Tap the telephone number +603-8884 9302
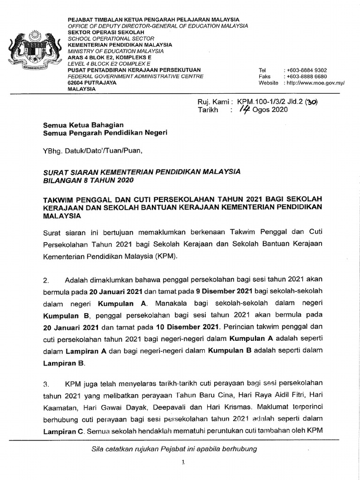305,70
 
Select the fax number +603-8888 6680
305,76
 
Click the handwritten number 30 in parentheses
311,102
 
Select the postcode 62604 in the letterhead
76,82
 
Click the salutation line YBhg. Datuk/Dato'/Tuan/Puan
91,151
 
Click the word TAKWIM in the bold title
59,199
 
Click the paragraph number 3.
46,383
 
